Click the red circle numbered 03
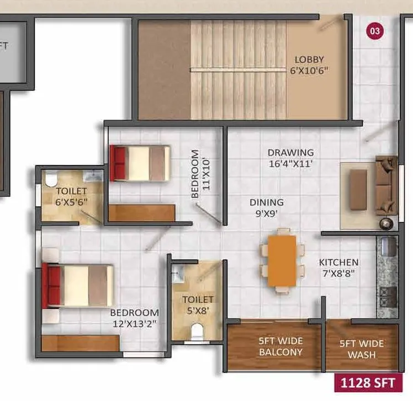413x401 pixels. coord(375,31)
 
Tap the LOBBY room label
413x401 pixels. coord(309,65)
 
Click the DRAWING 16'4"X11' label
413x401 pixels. coord(290,158)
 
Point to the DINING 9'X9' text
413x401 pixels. coord(266,207)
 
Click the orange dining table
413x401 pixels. coord(282,260)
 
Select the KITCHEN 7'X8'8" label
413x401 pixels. coord(338,268)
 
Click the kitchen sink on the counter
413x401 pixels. coord(386,244)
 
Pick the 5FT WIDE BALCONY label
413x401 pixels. coord(280,346)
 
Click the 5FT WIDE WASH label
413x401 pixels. coord(362,349)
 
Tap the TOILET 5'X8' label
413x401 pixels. coord(198,305)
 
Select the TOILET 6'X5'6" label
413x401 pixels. coord(71,196)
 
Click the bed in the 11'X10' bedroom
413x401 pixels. coord(140,163)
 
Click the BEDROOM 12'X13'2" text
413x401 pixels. coord(135,318)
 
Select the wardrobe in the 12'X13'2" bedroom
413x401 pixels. coord(80,343)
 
